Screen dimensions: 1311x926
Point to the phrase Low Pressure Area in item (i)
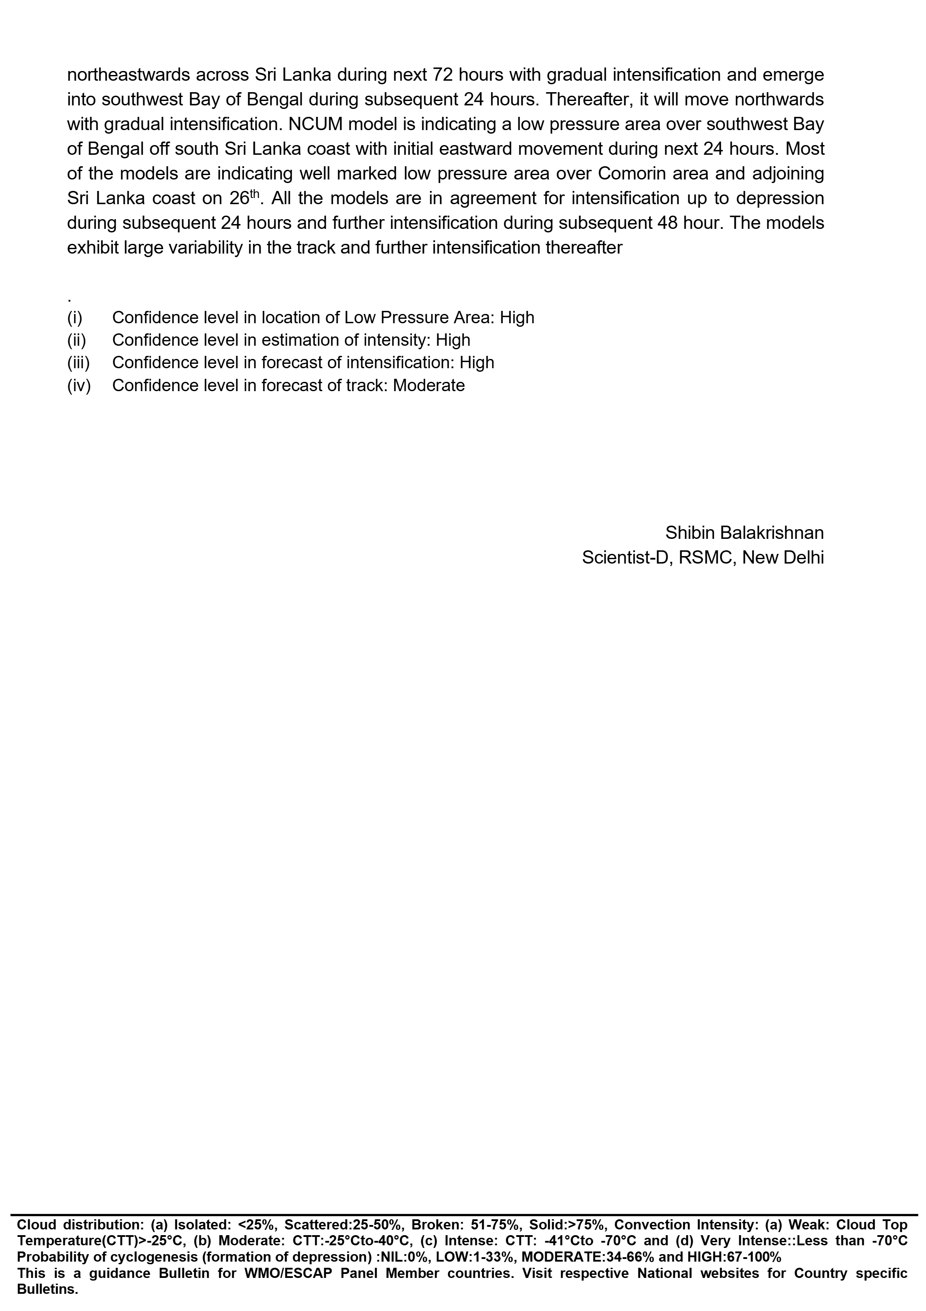(x=420, y=317)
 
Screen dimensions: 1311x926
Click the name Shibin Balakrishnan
(x=744, y=533)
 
